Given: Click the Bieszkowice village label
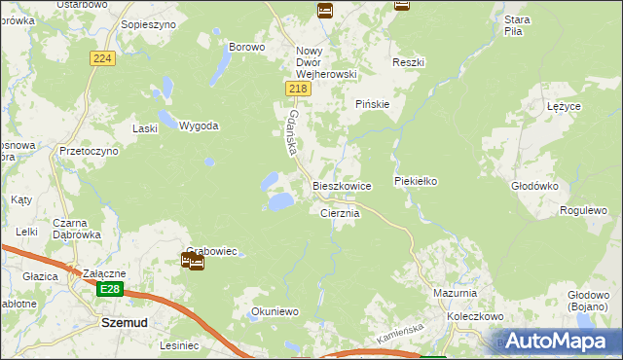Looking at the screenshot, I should coord(342,186).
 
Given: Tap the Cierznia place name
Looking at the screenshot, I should coord(341,213).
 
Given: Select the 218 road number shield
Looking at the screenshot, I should coord(299,90).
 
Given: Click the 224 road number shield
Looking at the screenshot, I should coord(103,59).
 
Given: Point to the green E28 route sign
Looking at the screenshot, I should coord(111,290).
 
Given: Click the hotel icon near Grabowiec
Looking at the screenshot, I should coord(192,261).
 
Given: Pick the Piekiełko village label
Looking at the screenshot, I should coord(420,181).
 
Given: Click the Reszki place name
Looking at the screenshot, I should coord(409,62).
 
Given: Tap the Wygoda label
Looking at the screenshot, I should coord(199,126).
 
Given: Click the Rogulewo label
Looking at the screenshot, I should coord(584,210).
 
